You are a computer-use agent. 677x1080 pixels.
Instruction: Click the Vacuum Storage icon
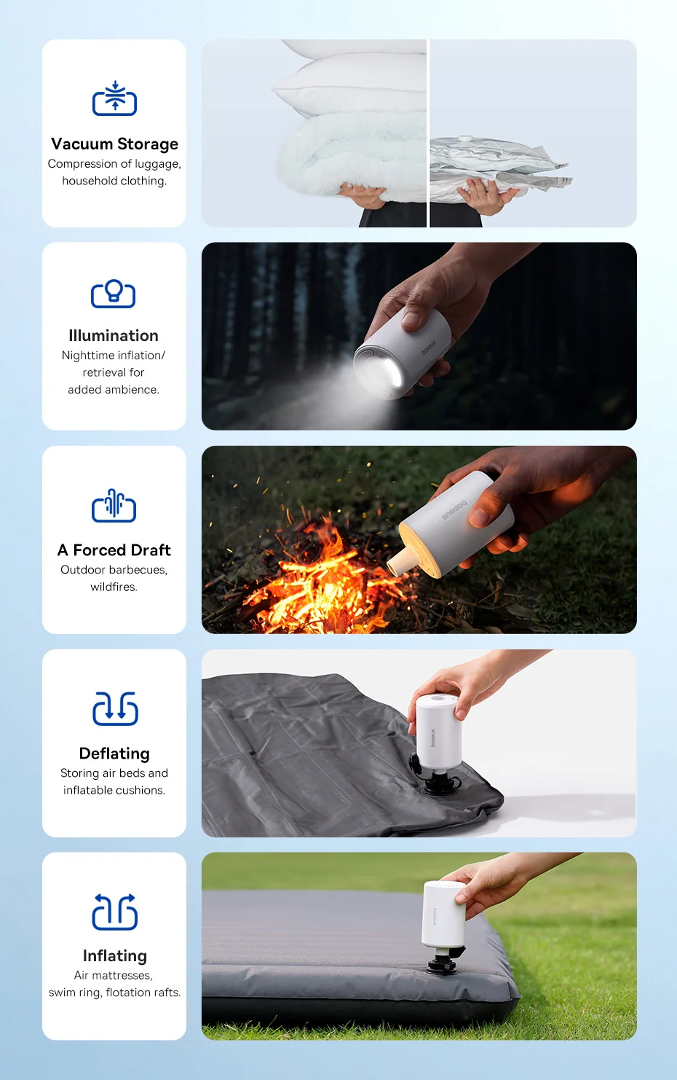pyautogui.click(x=114, y=98)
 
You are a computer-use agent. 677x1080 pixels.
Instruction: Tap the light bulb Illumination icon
pyautogui.click(x=113, y=294)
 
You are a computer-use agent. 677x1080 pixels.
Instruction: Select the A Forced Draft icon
pyautogui.click(x=114, y=505)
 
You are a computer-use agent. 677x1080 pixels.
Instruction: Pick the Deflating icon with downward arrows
pyautogui.click(x=115, y=708)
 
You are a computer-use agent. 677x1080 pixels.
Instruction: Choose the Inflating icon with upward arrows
pyautogui.click(x=114, y=911)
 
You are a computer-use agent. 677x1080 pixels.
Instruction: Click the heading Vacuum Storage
pyautogui.click(x=114, y=144)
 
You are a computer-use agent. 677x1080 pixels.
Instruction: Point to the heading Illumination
pyautogui.click(x=114, y=335)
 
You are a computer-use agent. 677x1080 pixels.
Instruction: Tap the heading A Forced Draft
pyautogui.click(x=114, y=550)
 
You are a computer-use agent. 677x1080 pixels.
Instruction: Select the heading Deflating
pyautogui.click(x=114, y=753)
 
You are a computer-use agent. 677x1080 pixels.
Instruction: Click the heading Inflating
pyautogui.click(x=114, y=955)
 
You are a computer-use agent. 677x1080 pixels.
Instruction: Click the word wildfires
pyautogui.click(x=114, y=587)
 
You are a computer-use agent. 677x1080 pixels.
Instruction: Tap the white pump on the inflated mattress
pyautogui.click(x=443, y=914)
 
